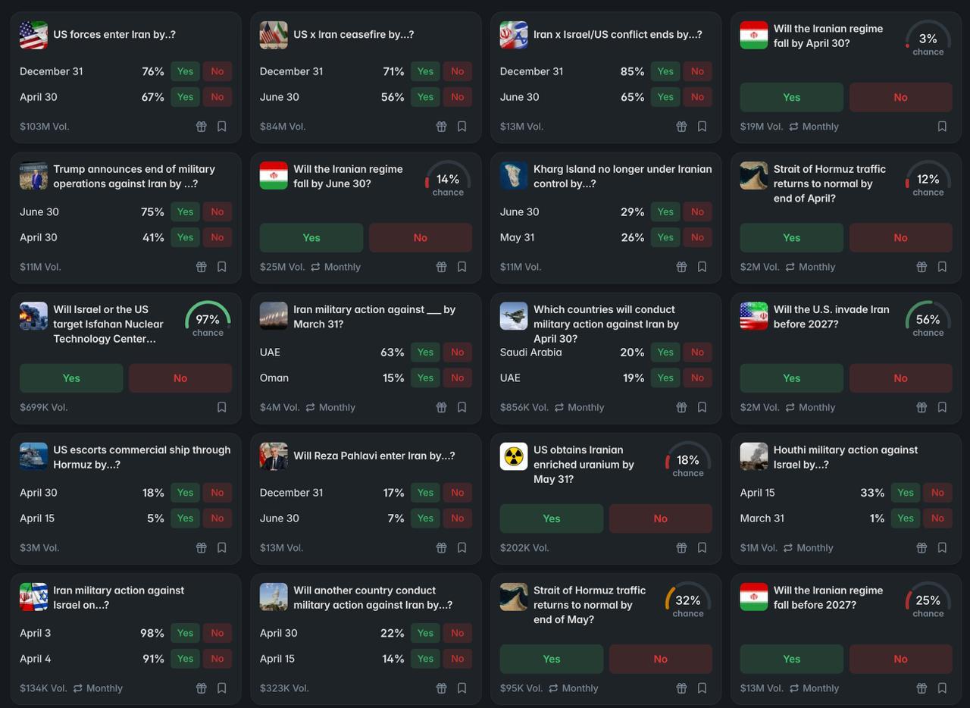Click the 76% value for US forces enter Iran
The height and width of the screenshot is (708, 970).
pos(153,71)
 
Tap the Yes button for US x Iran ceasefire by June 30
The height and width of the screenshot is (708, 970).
pos(425,97)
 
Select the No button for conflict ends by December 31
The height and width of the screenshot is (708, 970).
pos(697,71)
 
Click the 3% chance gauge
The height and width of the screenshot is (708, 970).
pos(928,42)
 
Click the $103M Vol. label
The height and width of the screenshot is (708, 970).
pos(45,127)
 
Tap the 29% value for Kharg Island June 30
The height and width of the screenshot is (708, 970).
pos(632,212)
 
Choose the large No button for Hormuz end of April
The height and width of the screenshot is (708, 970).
pos(900,238)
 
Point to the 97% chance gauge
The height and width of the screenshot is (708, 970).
pos(208,322)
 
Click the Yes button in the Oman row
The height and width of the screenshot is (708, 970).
pos(425,378)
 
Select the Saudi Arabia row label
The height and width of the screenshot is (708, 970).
pos(530,352)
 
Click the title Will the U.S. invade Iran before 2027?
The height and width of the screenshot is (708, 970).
pos(831,317)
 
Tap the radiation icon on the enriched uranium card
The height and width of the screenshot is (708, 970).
pos(514,456)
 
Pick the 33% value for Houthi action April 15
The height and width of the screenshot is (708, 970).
pos(872,493)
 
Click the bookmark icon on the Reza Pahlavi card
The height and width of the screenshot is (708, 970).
pos(462,548)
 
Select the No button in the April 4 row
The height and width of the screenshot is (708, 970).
pos(217,659)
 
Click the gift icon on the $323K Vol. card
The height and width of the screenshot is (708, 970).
pos(441,688)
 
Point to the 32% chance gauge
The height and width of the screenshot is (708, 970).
pos(687,603)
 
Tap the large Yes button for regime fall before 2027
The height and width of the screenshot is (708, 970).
pos(791,659)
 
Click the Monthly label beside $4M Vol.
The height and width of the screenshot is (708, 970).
pos(336,408)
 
